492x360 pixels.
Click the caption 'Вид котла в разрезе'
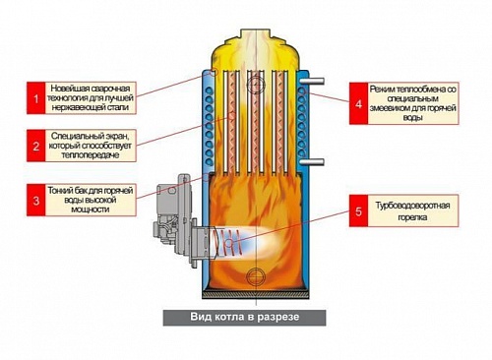pos(242,318)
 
